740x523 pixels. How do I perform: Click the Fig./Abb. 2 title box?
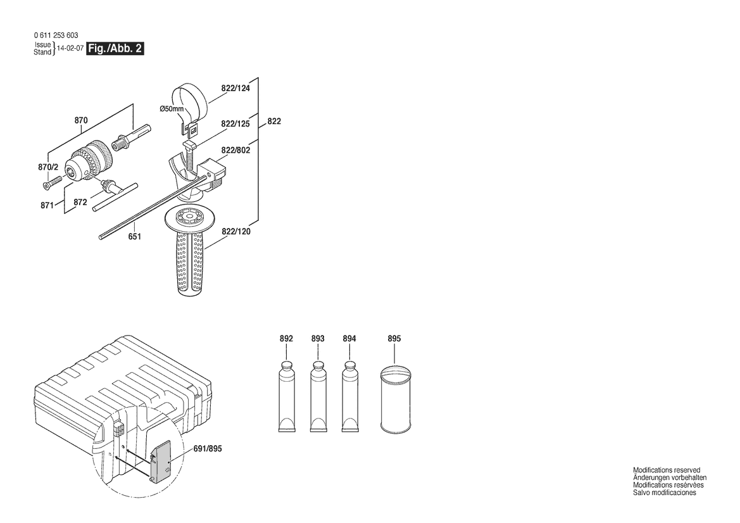click(x=115, y=49)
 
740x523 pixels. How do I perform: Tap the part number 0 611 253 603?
click(x=56, y=35)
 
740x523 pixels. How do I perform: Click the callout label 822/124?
click(x=235, y=88)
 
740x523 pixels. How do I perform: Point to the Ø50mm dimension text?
click(x=172, y=109)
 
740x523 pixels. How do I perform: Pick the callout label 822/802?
click(x=235, y=150)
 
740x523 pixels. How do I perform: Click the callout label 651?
click(x=134, y=236)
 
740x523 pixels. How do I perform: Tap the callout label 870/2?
click(x=48, y=167)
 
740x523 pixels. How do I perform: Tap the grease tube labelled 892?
click(x=287, y=396)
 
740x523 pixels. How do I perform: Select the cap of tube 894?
click(x=349, y=366)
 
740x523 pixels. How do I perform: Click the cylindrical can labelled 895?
click(x=396, y=400)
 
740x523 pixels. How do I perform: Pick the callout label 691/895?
click(x=208, y=449)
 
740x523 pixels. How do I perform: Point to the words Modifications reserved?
click(x=667, y=470)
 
